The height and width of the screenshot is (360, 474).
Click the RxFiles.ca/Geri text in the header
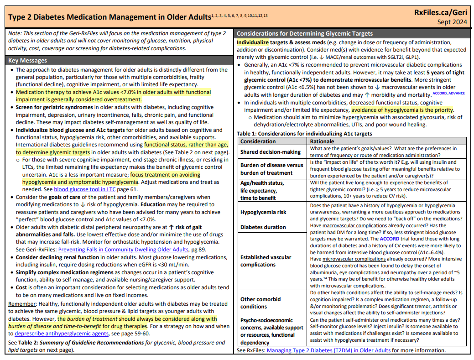point(441,12)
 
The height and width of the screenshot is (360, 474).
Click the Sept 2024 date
point(452,22)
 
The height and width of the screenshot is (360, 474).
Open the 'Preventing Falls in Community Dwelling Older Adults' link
point(123,250)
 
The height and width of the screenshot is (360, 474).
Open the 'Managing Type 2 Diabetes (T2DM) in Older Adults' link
point(328,350)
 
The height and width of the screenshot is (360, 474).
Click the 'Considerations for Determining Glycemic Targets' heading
point(305,34)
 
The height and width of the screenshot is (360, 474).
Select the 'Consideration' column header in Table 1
point(258,141)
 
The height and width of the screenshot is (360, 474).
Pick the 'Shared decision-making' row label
point(270,152)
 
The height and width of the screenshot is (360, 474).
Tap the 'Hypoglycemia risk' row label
point(263,212)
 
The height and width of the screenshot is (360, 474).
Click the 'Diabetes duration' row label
point(263,227)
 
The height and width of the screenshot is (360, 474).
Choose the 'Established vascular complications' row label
point(266,261)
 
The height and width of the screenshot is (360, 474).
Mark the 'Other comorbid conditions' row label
point(260,303)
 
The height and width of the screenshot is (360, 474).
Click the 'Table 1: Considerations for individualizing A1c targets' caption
point(304,134)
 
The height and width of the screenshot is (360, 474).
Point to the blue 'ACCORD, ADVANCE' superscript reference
point(448,93)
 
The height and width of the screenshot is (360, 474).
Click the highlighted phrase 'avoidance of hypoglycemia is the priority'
point(402,110)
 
